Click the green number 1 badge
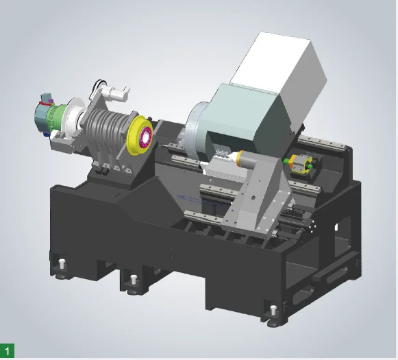pyautogui.click(x=7, y=350)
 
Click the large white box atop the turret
pyautogui.click(x=279, y=76)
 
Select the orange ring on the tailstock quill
pyautogui.click(x=240, y=158)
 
